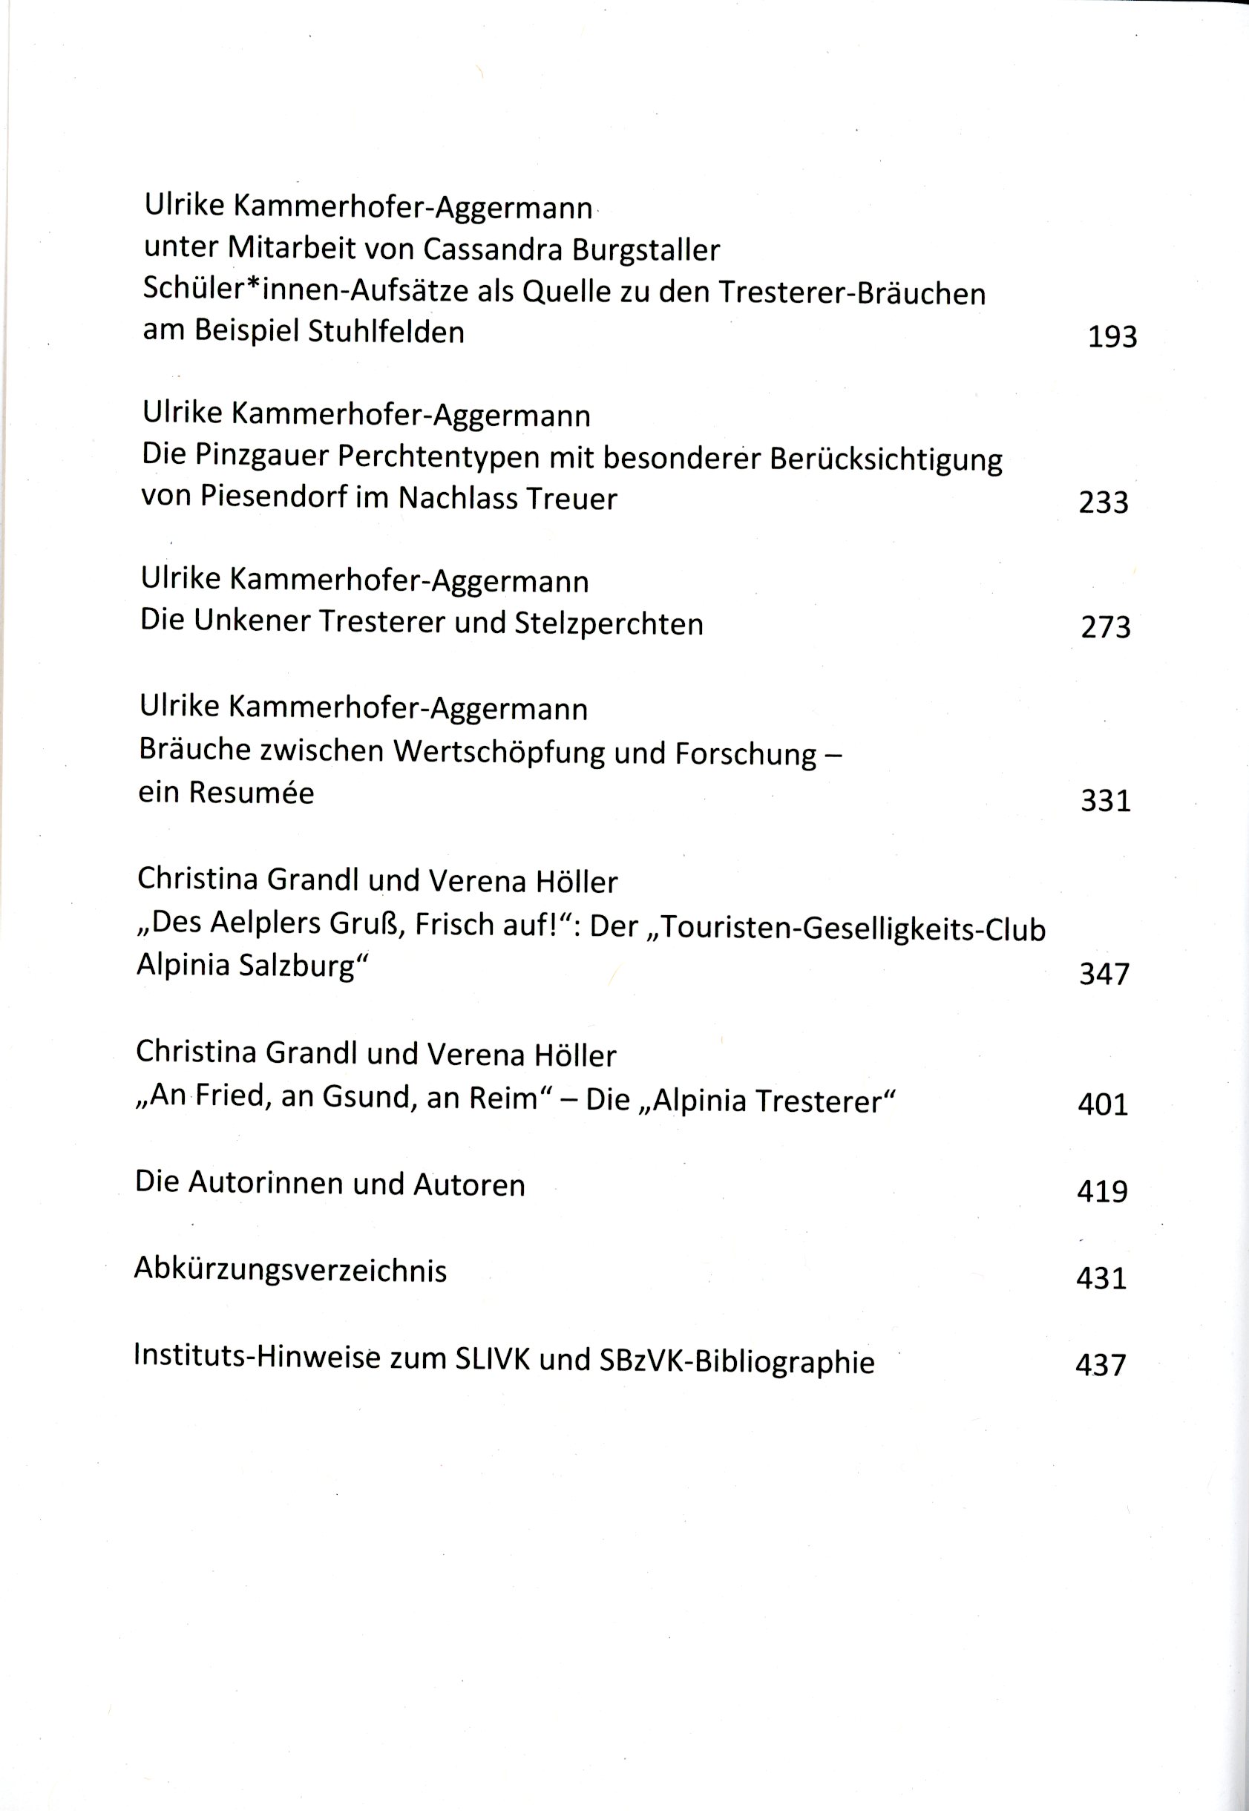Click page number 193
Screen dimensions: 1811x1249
point(1111,337)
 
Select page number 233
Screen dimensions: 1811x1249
point(1104,502)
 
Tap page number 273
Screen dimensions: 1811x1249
point(1105,628)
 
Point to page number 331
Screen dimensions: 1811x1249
point(1105,801)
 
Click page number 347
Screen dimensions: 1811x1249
point(1104,975)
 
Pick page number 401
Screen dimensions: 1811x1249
point(1103,1104)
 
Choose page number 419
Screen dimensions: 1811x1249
point(1102,1191)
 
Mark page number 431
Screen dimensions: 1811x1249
point(1101,1278)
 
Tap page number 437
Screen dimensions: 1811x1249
point(1101,1365)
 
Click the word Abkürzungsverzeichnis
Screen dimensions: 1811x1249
point(290,1270)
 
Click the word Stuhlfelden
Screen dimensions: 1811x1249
point(386,332)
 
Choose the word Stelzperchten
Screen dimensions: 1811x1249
point(609,623)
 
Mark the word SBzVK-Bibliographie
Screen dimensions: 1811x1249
point(736,1362)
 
